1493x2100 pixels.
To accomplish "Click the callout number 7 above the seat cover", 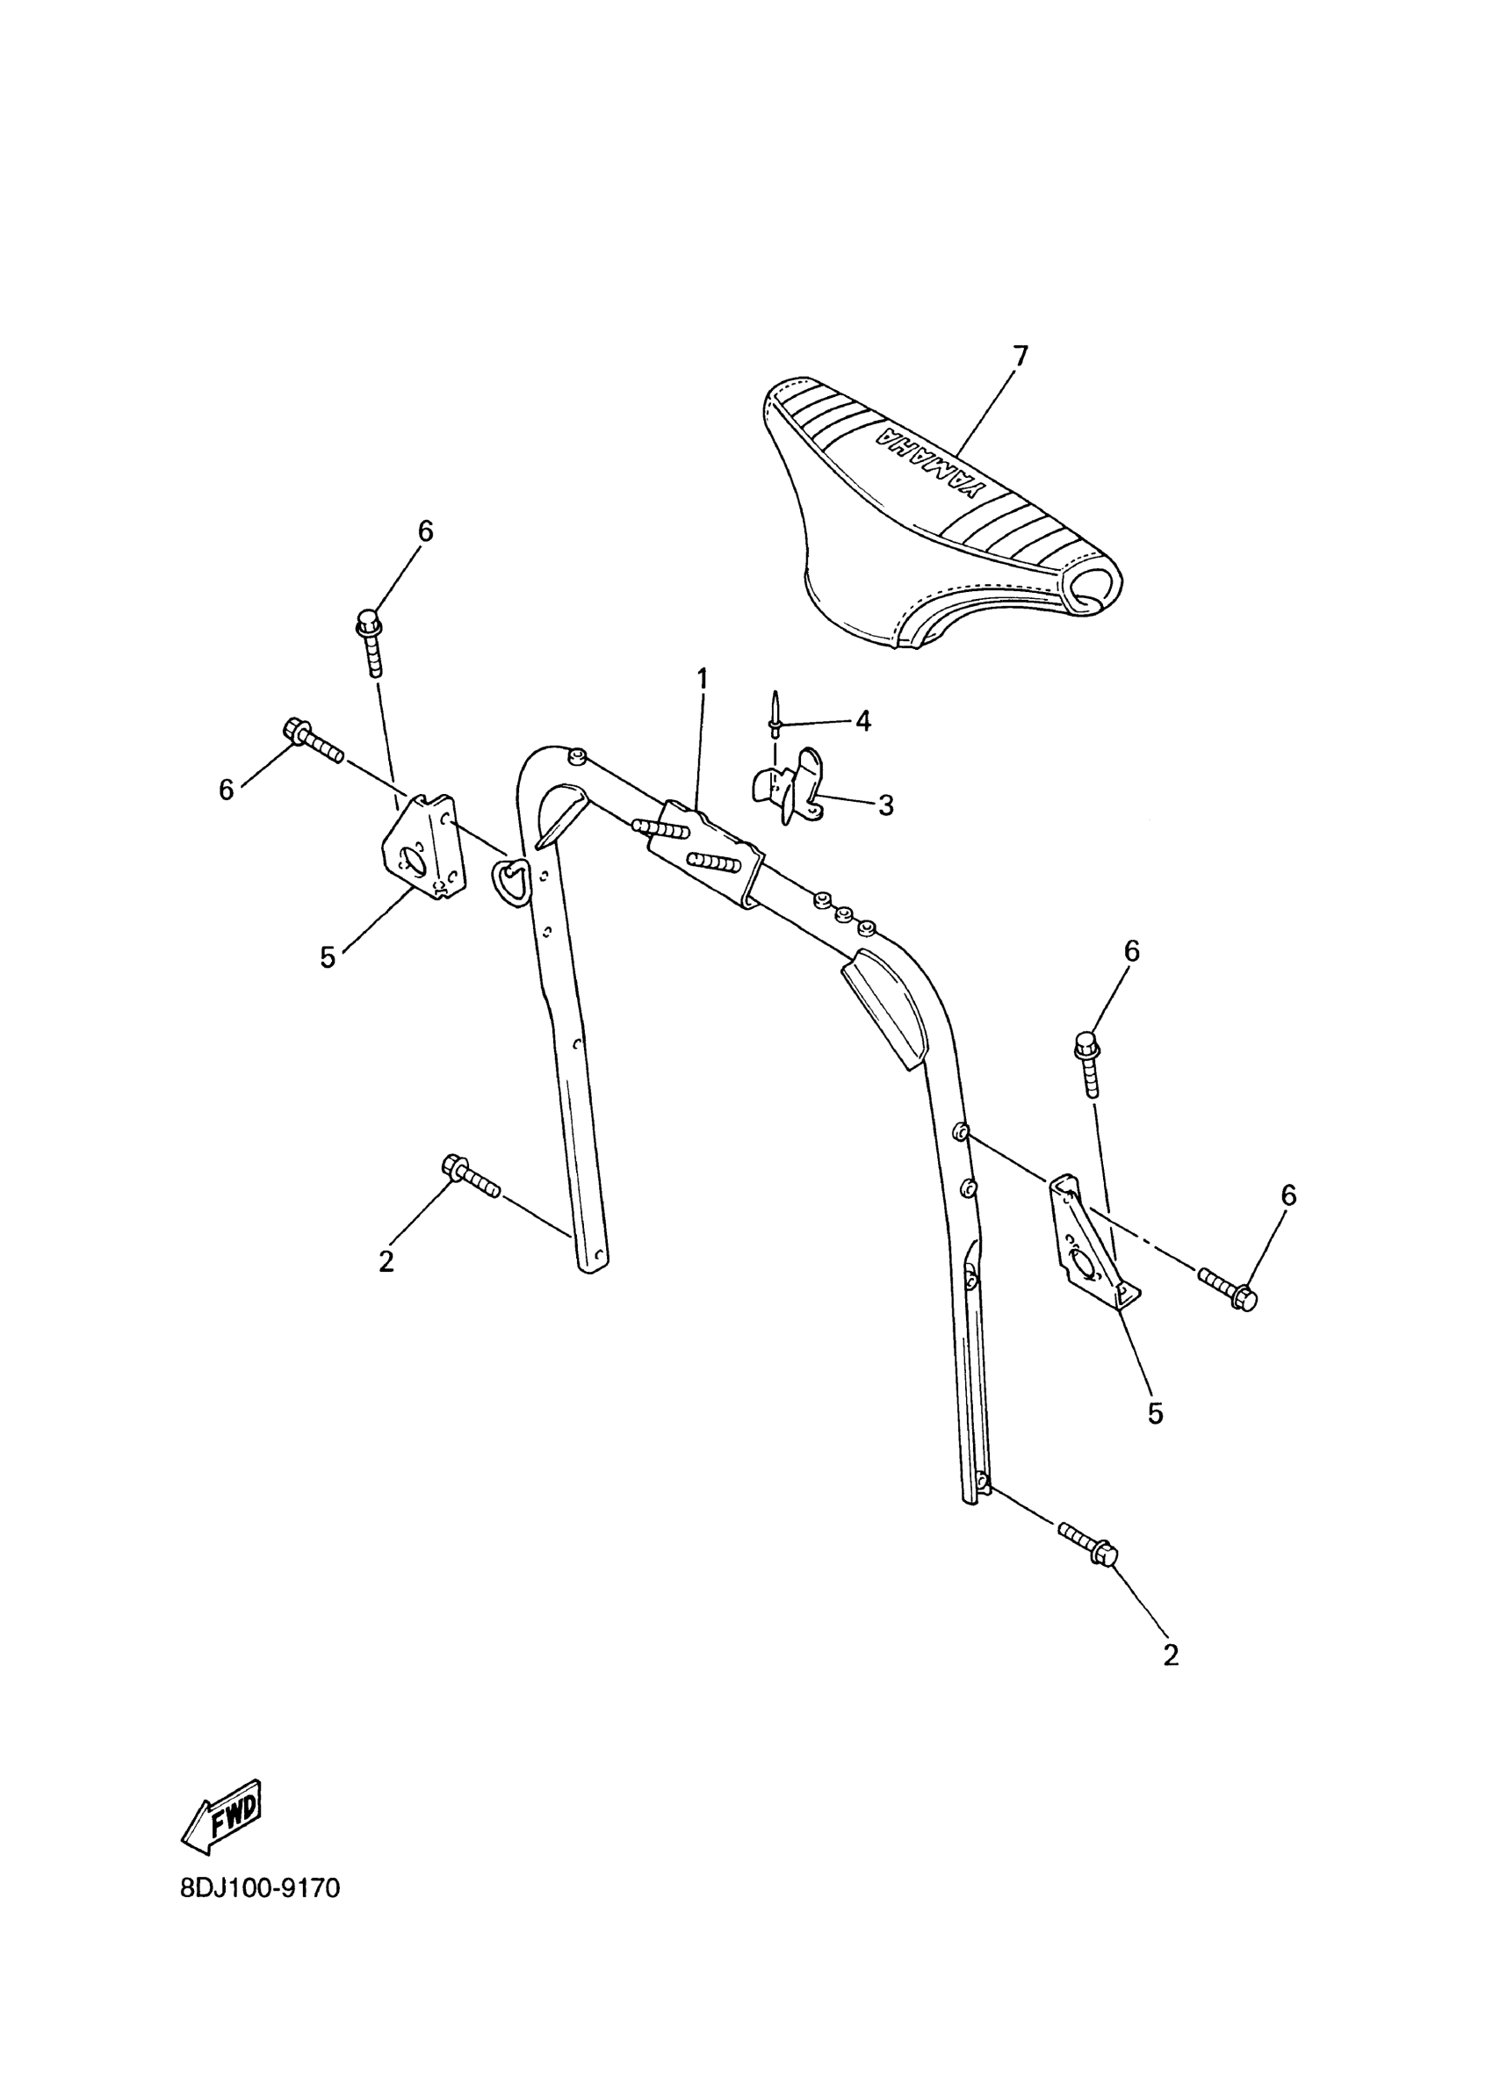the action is tap(1020, 355).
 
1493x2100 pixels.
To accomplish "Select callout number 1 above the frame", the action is tap(703, 680).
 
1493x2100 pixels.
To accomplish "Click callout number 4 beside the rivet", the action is tap(862, 721).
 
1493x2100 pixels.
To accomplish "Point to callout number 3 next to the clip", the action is tap(885, 805).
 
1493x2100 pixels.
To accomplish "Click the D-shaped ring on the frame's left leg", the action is tap(512, 882).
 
